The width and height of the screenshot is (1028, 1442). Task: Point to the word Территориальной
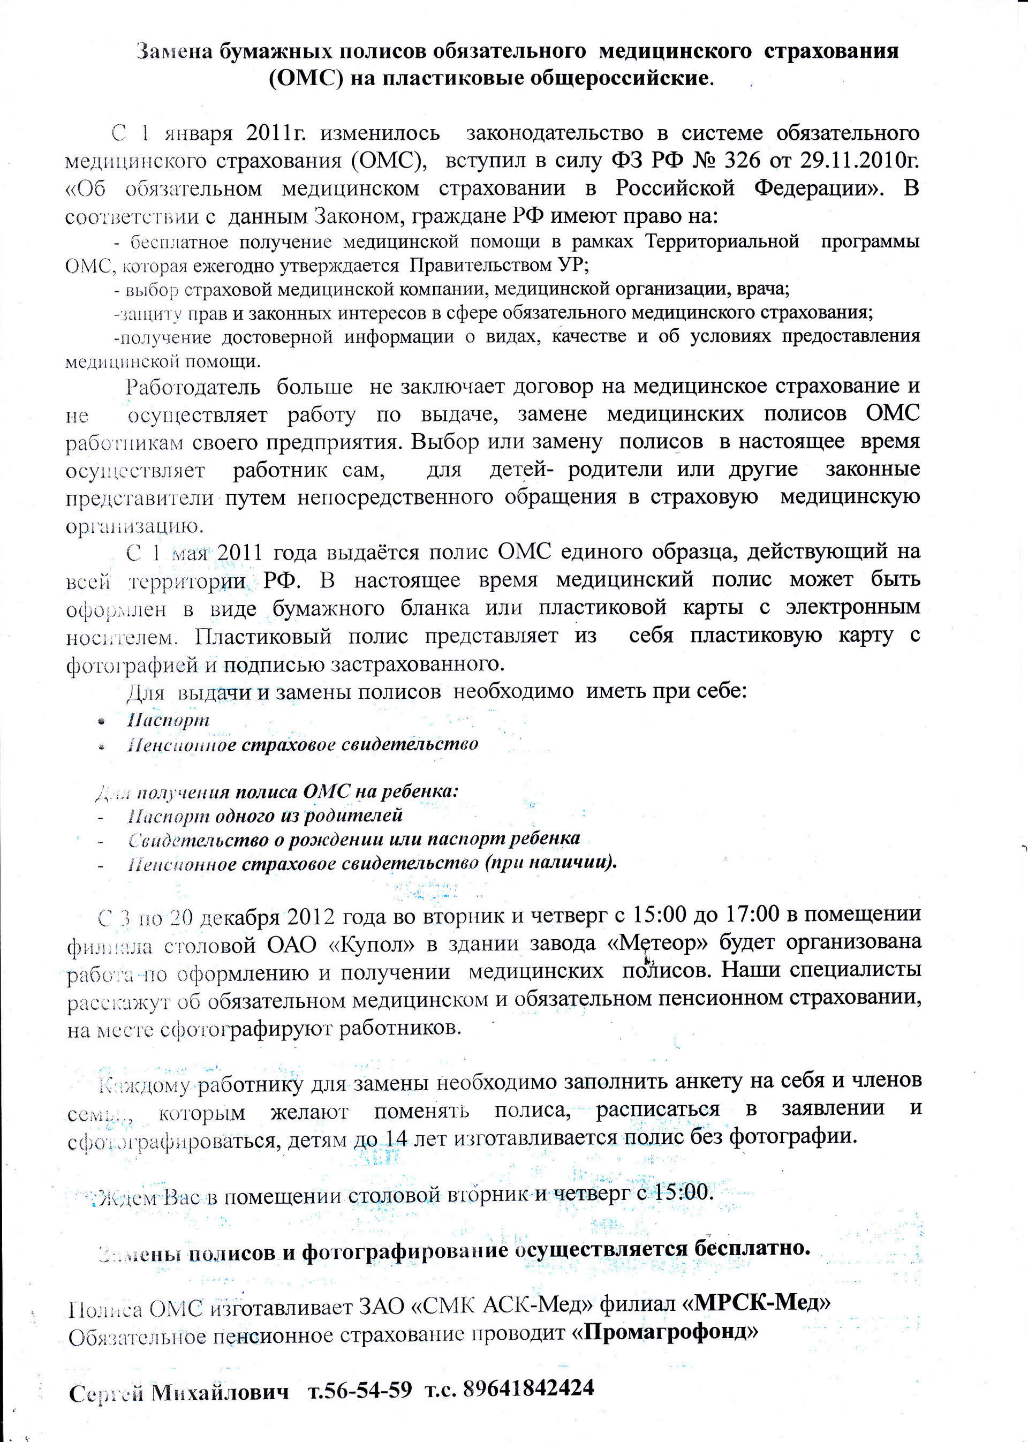coord(722,242)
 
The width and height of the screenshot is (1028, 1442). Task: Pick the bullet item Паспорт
coord(168,720)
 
